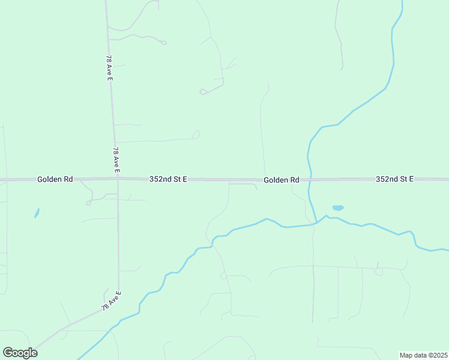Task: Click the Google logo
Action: point(20,353)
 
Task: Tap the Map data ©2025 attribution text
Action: point(424,355)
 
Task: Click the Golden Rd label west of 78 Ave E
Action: point(55,179)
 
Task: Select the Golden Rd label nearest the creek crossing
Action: point(282,180)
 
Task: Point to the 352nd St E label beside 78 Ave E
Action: point(168,179)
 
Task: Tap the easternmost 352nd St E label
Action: point(394,179)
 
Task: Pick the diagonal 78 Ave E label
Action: point(111,301)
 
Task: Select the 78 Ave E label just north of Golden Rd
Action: point(116,160)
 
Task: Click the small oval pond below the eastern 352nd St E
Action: point(338,208)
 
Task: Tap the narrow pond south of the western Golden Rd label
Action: point(37,213)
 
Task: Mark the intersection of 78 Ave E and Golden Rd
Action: point(118,179)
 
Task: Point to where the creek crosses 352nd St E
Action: point(310,179)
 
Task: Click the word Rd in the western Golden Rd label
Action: point(68,179)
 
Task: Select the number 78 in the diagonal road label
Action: point(105,305)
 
